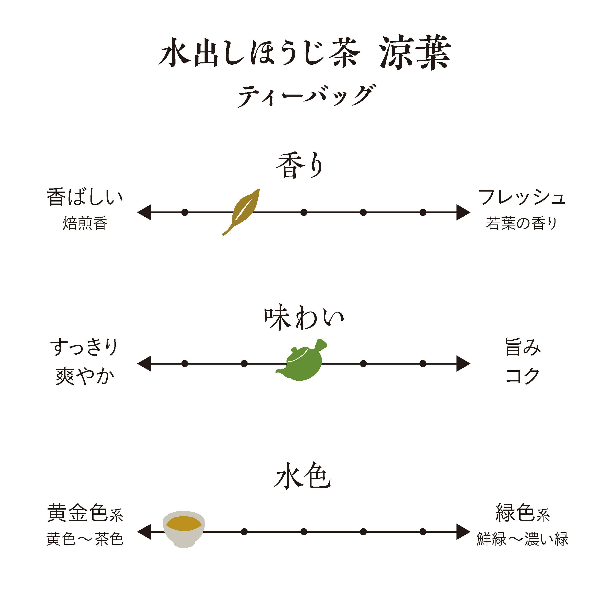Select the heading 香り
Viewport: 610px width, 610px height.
click(x=300, y=166)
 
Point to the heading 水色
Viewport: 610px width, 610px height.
click(x=303, y=476)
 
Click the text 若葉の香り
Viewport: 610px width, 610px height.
click(x=522, y=223)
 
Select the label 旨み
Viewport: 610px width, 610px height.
click(x=523, y=347)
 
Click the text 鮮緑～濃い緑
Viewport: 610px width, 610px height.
click(x=523, y=539)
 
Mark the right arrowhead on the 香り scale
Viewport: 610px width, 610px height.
click(x=463, y=212)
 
